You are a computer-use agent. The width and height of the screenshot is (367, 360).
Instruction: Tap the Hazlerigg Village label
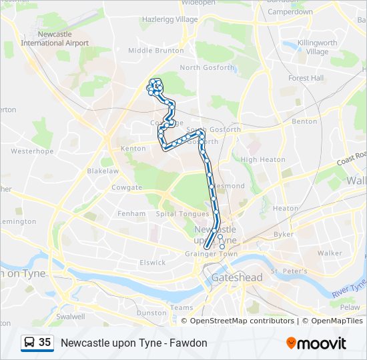click(169, 19)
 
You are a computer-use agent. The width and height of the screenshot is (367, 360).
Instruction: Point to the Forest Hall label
click(306, 78)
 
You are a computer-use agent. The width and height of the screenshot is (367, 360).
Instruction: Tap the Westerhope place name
click(32, 151)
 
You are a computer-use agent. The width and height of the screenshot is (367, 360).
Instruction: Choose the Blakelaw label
click(103, 171)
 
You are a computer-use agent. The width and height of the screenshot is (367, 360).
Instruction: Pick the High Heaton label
click(258, 159)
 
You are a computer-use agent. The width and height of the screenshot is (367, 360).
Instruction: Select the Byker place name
click(283, 234)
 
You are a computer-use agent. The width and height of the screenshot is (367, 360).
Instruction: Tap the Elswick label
click(153, 263)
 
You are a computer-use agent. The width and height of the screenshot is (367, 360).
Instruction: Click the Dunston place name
click(151, 313)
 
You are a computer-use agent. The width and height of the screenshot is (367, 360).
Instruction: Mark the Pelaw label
click(349, 307)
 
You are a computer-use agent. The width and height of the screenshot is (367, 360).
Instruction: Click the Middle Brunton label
click(155, 51)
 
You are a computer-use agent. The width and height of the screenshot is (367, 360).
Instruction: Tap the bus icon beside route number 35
click(29, 343)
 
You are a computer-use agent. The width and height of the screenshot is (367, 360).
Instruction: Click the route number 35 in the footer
click(45, 343)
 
